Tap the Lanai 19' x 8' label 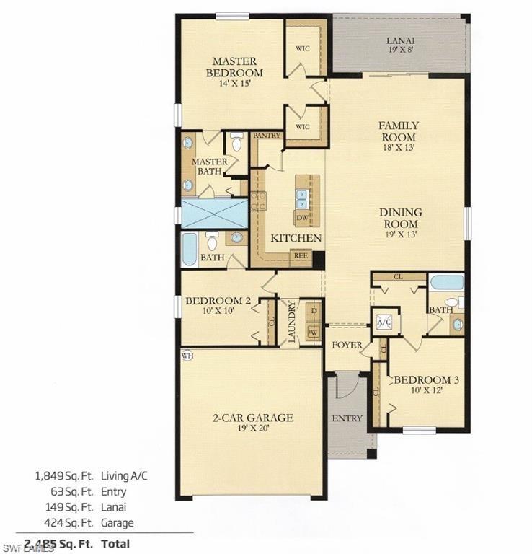click(x=401, y=45)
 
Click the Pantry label click(x=266, y=135)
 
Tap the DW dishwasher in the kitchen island click(x=303, y=216)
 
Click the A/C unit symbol click(x=384, y=322)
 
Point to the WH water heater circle click(x=187, y=356)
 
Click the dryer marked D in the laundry click(x=311, y=310)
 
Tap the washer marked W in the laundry click(x=311, y=333)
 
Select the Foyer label click(x=347, y=345)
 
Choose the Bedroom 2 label click(x=217, y=306)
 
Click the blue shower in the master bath click(x=213, y=214)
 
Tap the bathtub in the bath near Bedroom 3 click(x=447, y=281)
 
